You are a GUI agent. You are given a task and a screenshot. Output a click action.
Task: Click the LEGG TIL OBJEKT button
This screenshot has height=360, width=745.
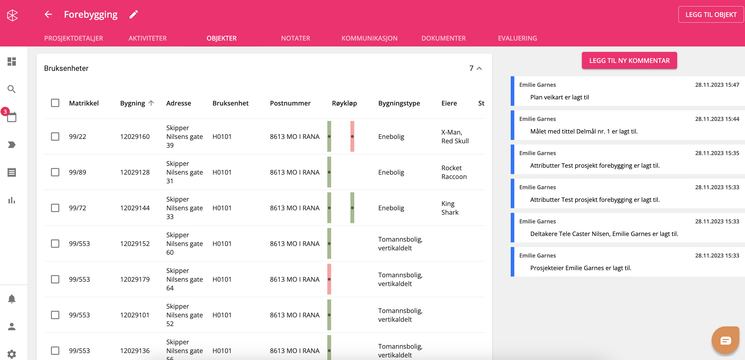click(x=711, y=14)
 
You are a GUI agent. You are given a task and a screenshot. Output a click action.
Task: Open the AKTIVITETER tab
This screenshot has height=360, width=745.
click(x=147, y=38)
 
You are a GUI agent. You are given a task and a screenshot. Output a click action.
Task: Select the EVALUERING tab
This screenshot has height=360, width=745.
click(x=517, y=38)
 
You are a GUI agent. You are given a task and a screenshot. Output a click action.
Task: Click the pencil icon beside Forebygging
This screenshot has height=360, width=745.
click(x=134, y=14)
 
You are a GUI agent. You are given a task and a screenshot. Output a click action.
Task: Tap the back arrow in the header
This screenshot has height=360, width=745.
click(x=48, y=14)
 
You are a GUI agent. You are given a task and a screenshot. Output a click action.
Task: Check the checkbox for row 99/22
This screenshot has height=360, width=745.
click(x=55, y=137)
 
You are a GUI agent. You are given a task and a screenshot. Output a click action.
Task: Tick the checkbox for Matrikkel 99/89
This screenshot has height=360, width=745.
click(x=55, y=172)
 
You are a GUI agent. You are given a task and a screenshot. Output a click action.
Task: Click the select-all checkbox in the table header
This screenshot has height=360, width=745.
click(x=55, y=103)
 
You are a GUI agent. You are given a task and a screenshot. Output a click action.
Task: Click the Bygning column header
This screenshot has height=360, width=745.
click(x=133, y=103)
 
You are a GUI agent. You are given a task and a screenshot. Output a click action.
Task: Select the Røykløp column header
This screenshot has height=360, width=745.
click(x=344, y=103)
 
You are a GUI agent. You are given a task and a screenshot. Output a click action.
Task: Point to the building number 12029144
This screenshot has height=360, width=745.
click(x=135, y=208)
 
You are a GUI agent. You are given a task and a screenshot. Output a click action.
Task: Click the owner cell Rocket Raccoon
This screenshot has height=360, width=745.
click(x=454, y=172)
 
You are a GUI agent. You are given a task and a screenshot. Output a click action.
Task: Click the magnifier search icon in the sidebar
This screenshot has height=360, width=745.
click(x=12, y=89)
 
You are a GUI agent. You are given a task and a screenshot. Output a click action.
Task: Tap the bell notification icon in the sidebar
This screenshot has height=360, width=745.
click(x=12, y=299)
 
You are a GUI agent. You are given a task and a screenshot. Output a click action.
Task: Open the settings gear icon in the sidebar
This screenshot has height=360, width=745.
click(x=12, y=354)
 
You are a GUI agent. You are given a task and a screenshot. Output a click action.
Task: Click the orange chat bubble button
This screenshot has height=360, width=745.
click(x=725, y=340)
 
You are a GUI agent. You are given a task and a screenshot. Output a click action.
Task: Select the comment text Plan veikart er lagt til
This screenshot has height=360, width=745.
click(x=559, y=97)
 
